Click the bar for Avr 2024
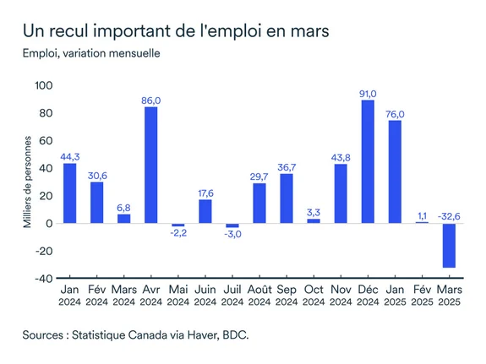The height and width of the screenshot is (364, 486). [150, 165]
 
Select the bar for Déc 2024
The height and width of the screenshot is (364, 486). [368, 161]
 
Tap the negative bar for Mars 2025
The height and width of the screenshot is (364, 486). [449, 246]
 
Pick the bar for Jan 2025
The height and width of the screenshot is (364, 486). [395, 171]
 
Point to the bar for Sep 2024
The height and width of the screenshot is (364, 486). [287, 198]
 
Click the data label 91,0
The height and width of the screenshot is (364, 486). [368, 94]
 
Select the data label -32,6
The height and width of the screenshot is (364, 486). [449, 216]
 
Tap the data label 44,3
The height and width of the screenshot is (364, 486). [69, 156]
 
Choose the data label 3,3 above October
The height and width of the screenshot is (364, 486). [314, 213]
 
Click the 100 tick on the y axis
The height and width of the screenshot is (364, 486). [43, 86]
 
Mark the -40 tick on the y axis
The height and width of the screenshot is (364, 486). [43, 278]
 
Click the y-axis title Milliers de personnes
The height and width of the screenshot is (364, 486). [27, 181]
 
